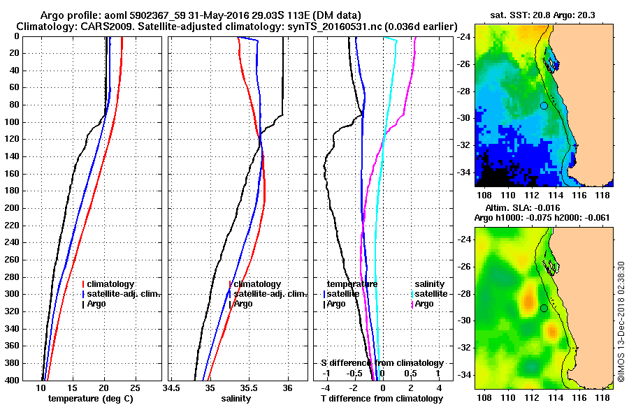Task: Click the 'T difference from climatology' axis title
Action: (382, 399)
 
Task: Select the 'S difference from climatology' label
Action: (382, 364)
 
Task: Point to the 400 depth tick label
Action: (12, 381)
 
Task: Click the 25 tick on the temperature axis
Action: (136, 388)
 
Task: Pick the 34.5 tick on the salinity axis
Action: (171, 388)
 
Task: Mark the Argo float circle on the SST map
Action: (544, 105)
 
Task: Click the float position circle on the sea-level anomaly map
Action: (544, 308)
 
